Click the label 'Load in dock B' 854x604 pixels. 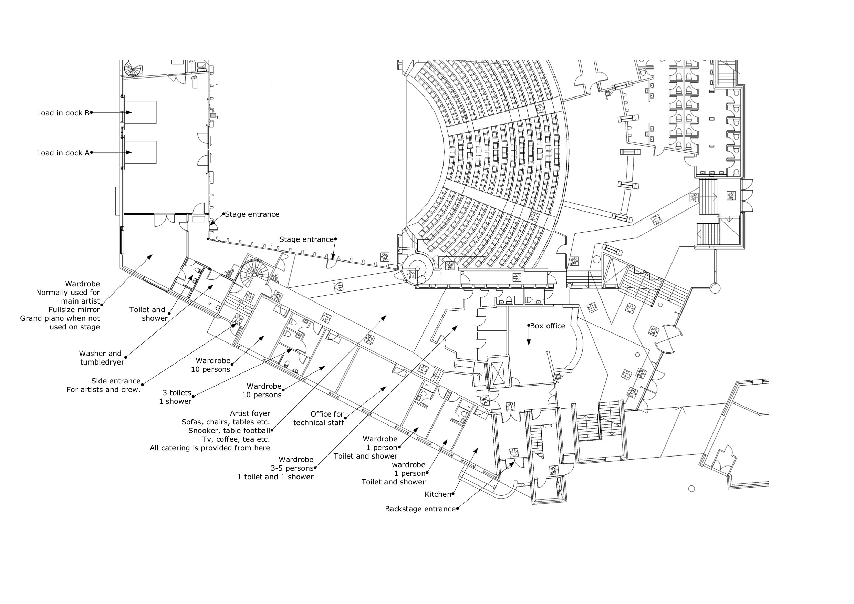click(63, 113)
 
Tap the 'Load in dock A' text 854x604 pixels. click(63, 153)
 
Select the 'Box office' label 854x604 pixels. click(548, 326)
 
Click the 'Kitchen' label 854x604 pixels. click(438, 494)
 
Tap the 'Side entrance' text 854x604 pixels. click(116, 381)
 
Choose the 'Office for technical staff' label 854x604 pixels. click(319, 418)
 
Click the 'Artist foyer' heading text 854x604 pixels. click(250, 413)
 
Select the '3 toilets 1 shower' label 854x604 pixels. click(175, 397)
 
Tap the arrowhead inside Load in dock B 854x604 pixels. click(129, 112)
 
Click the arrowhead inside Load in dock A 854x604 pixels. click(129, 152)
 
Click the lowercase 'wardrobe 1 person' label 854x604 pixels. click(409, 469)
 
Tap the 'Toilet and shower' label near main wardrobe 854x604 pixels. click(149, 314)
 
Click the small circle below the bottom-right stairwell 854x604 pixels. click(691, 489)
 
